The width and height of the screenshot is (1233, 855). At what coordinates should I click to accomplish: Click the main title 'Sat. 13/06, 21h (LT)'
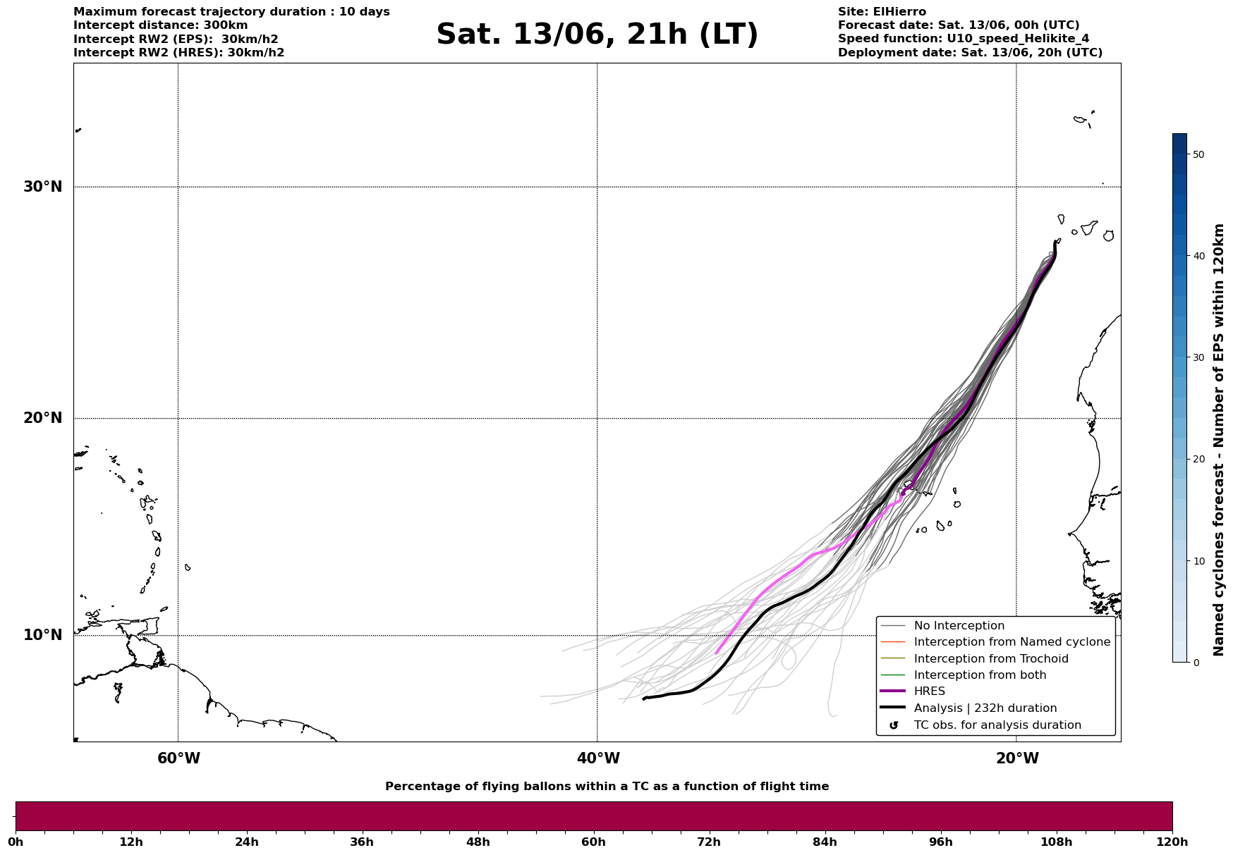pos(597,35)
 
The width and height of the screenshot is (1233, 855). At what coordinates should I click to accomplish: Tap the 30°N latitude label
pos(43,187)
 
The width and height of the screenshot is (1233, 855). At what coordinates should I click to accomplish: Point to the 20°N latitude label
pos(43,418)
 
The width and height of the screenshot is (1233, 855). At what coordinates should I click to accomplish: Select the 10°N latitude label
pos(43,635)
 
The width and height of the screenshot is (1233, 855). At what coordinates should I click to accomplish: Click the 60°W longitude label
pos(178,758)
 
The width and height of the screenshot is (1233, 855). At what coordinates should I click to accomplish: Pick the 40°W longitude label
pos(598,758)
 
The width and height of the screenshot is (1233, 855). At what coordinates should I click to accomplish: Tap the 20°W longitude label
pos(1017,758)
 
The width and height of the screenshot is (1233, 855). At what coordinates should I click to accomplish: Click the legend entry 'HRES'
pos(930,691)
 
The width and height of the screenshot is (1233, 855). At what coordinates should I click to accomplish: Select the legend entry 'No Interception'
pos(959,626)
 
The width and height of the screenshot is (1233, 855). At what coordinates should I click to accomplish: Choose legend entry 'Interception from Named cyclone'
pos(1012,642)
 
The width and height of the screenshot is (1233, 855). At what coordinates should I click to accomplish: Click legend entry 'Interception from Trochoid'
pos(991,659)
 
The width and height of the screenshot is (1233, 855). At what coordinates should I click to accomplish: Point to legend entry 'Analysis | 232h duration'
pos(985,708)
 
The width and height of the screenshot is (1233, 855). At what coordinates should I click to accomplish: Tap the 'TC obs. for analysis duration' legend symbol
pos(894,725)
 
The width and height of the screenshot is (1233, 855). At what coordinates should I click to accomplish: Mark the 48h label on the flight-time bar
pos(478,842)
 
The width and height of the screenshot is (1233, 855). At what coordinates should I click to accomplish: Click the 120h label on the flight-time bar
pos(1172,842)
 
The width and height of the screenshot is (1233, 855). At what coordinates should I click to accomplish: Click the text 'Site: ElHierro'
pos(882,12)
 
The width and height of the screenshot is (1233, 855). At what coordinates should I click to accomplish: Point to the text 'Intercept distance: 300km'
pos(161,25)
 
